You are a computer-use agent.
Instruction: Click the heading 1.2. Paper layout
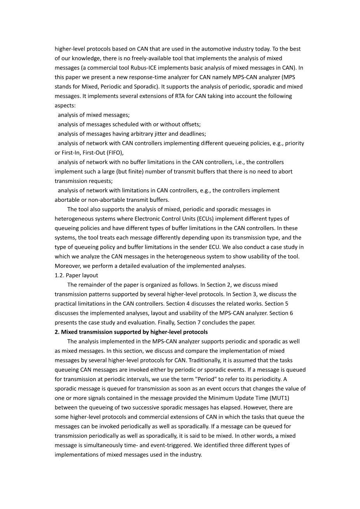(76, 275)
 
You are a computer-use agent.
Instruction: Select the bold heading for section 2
(131, 332)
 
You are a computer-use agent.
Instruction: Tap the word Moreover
(67, 266)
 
